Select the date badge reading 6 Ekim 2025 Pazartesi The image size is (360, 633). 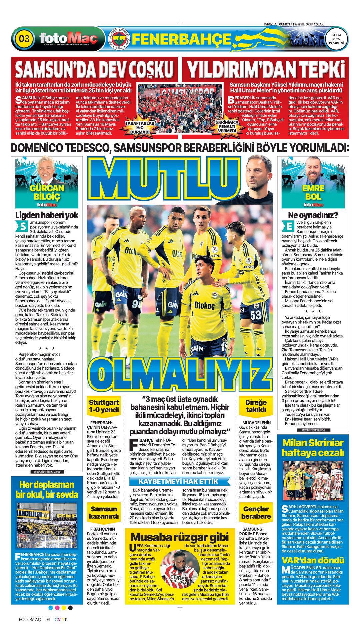(x=336, y=39)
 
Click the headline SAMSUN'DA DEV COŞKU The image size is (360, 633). (x=95, y=69)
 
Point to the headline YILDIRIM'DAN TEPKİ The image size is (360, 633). (x=266, y=69)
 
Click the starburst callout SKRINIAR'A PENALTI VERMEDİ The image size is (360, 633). (x=227, y=126)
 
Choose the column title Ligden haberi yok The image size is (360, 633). (x=47, y=215)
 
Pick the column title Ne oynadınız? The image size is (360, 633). (x=313, y=215)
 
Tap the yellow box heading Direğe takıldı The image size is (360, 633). (x=256, y=406)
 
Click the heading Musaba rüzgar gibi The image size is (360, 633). (x=180, y=537)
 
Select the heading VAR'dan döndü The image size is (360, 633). (x=313, y=560)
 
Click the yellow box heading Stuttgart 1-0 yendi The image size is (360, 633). (x=104, y=406)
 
